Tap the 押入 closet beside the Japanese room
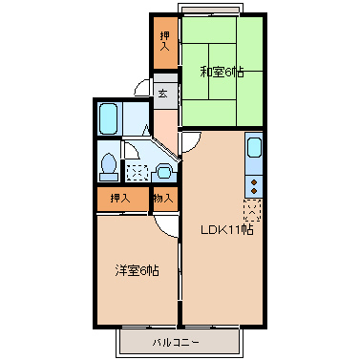(x=164, y=41)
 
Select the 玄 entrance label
(x=163, y=94)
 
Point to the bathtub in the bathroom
(x=108, y=119)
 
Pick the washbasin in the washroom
(x=163, y=172)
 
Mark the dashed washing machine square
(x=138, y=173)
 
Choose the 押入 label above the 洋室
(x=120, y=199)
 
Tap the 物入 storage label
(x=163, y=199)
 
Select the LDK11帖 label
(x=225, y=229)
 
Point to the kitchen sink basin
(x=254, y=149)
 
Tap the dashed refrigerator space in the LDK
(x=253, y=208)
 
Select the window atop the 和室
(x=212, y=11)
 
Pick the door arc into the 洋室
(x=167, y=223)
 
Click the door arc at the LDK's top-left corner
(x=190, y=141)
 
